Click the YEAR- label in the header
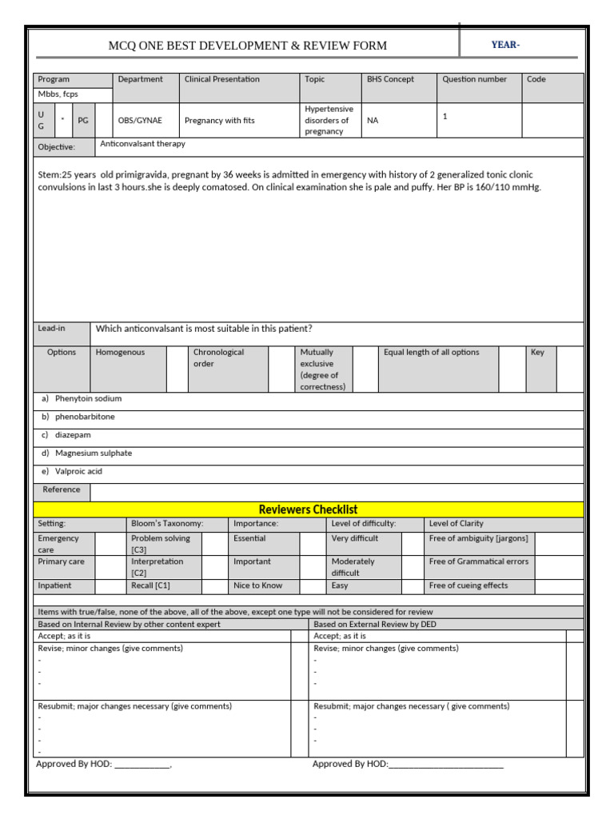click(x=505, y=45)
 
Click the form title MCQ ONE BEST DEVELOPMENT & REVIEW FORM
click(x=247, y=46)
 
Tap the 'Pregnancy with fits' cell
click(x=220, y=121)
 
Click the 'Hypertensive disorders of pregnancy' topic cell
click(x=329, y=120)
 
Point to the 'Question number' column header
click(x=474, y=80)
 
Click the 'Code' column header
click(x=536, y=80)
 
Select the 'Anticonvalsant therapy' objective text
click(x=142, y=144)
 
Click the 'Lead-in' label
click(x=52, y=329)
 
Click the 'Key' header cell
click(x=537, y=353)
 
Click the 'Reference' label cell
click(x=62, y=489)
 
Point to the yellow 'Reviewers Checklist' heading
click(x=308, y=509)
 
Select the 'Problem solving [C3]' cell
click(x=161, y=544)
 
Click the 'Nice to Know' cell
click(x=257, y=585)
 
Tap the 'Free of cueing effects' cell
click(x=468, y=585)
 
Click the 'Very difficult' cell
click(x=355, y=539)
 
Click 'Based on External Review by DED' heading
click(x=375, y=624)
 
